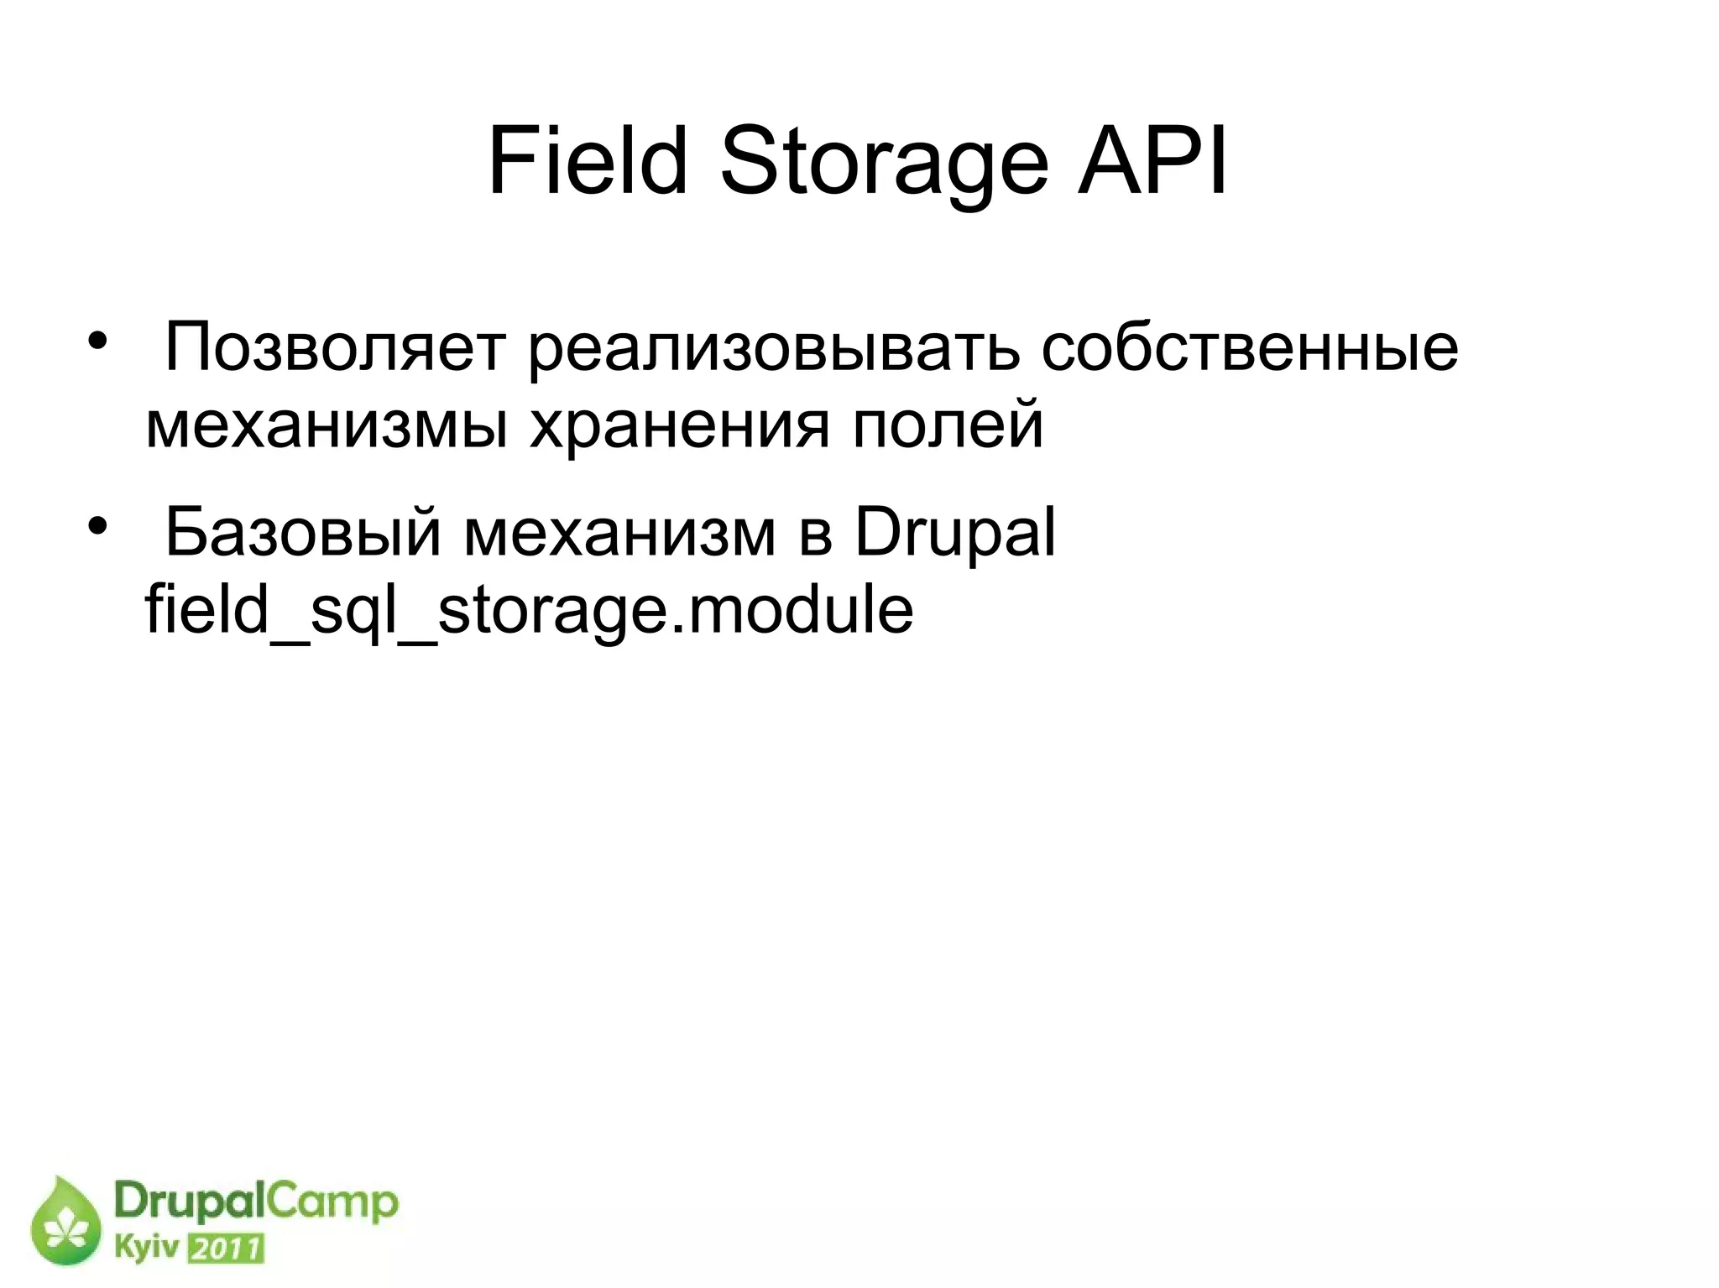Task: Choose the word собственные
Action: point(1249,347)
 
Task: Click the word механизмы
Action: point(327,425)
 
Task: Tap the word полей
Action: point(948,424)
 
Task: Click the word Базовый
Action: point(302,534)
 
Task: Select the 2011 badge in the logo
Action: point(226,1249)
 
